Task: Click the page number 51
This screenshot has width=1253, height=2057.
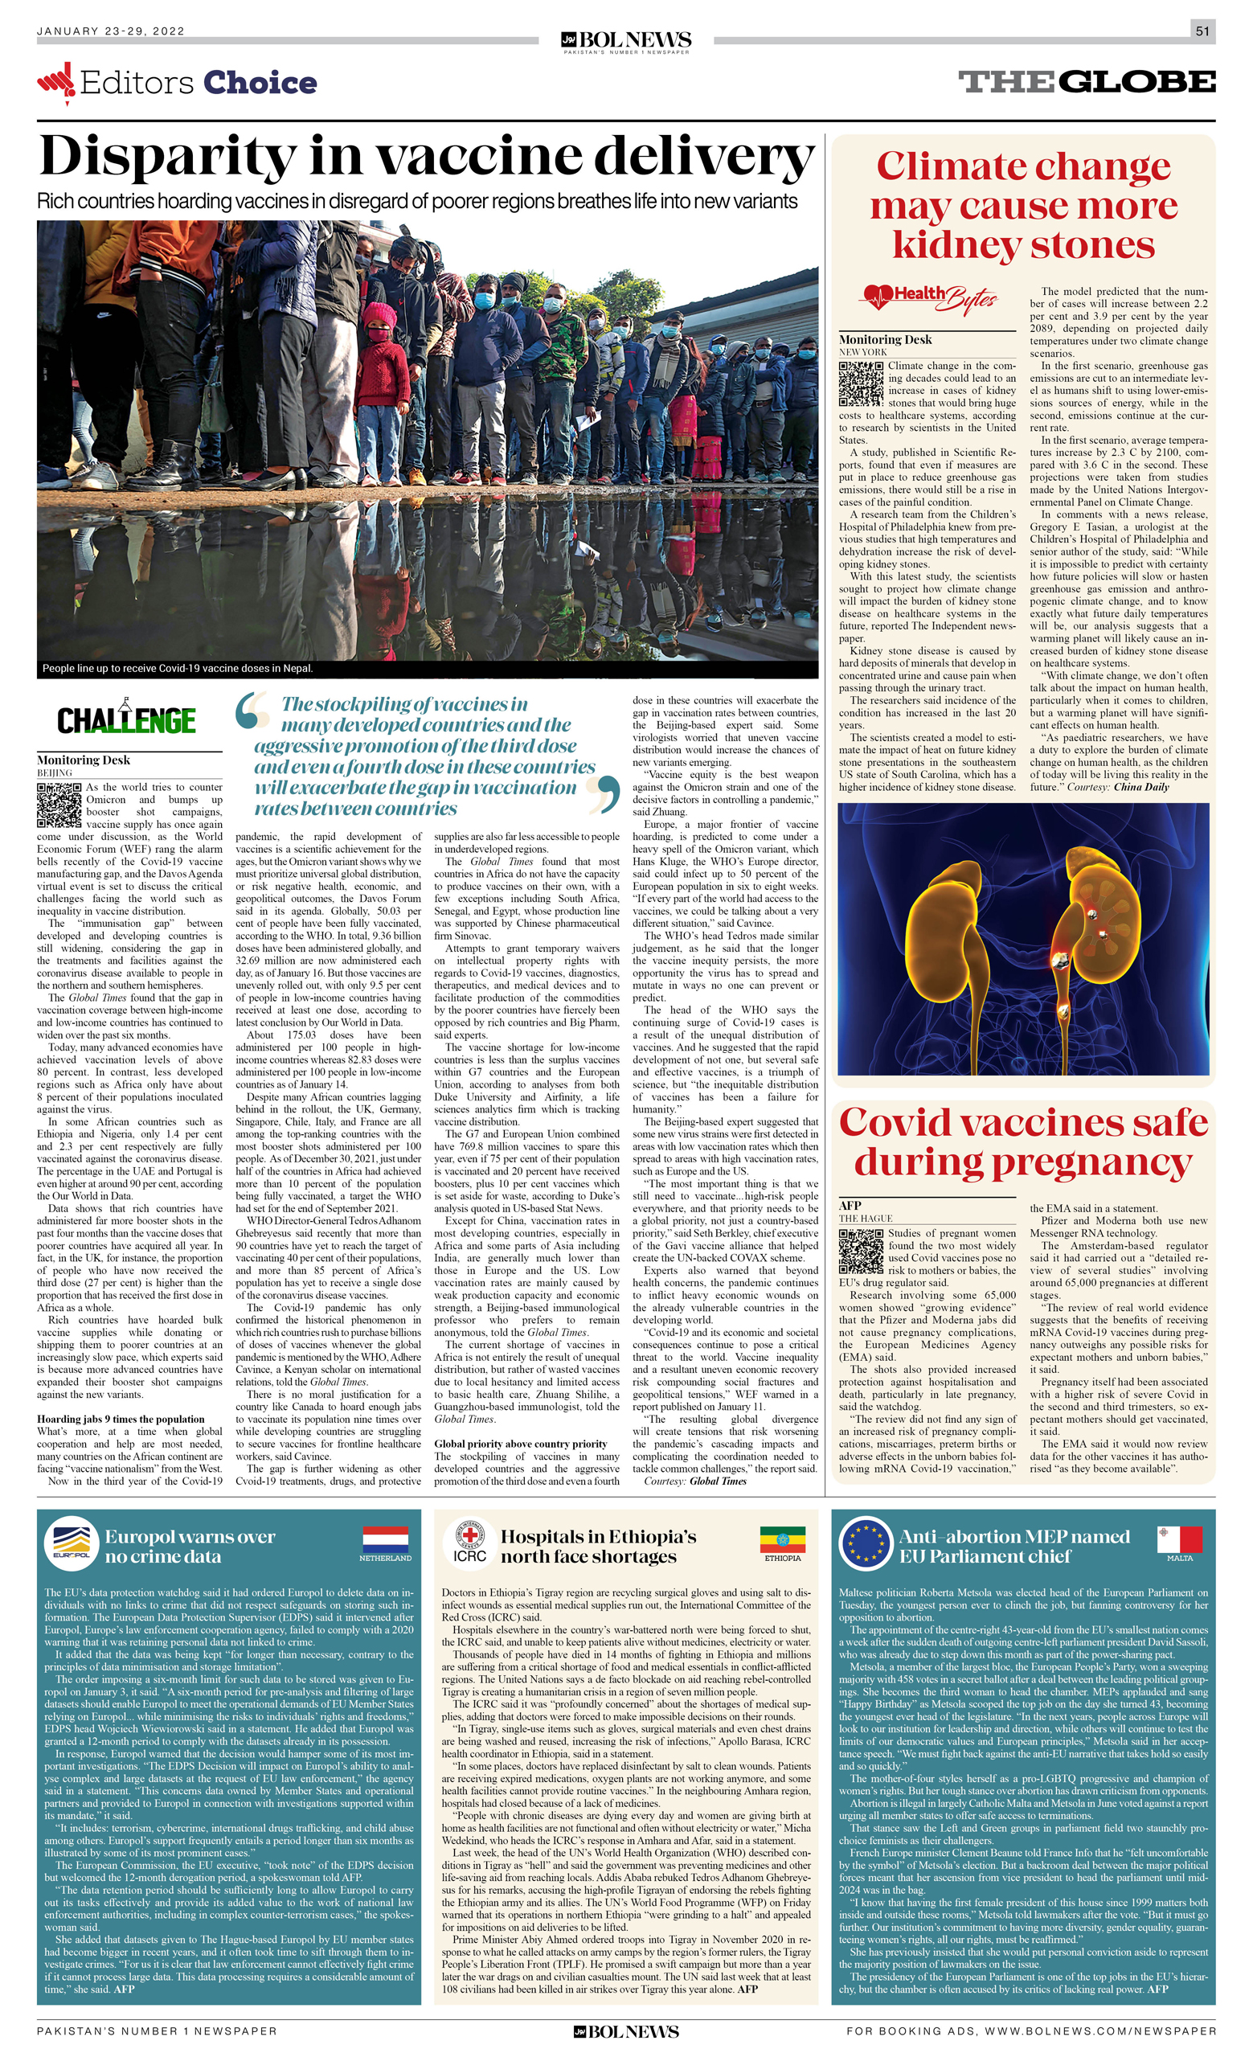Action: pyautogui.click(x=1202, y=31)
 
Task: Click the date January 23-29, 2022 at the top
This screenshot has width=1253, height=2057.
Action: pyautogui.click(x=110, y=31)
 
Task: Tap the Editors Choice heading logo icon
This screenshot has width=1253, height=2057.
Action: pyautogui.click(x=56, y=82)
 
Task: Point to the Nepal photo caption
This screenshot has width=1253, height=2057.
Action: pyautogui.click(x=178, y=668)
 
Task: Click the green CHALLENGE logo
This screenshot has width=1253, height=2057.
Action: pyautogui.click(x=126, y=719)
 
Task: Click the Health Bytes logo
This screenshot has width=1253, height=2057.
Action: pyautogui.click(x=930, y=296)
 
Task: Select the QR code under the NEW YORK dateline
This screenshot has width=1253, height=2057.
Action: pyautogui.click(x=861, y=383)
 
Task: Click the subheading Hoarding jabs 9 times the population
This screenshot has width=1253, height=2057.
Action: pyautogui.click(x=121, y=1419)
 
